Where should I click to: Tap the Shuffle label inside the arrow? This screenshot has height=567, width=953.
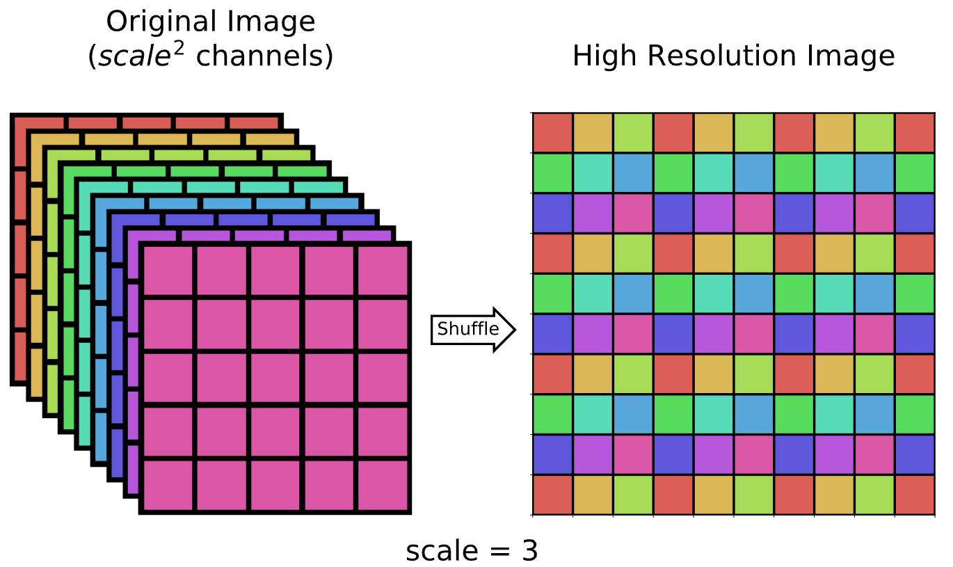(468, 328)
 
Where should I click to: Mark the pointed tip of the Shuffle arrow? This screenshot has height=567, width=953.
(515, 329)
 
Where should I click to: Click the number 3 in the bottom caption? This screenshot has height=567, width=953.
(529, 552)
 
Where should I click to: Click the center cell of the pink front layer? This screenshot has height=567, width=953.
(275, 378)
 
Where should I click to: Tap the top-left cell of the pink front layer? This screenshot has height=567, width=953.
(168, 271)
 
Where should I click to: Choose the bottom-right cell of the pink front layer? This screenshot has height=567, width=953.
(383, 486)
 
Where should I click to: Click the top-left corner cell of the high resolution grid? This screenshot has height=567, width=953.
(552, 132)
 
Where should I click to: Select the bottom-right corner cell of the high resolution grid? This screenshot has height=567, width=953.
(915, 495)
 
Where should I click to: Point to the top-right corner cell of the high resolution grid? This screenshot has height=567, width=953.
(915, 132)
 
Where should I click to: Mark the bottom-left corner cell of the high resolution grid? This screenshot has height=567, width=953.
(552, 495)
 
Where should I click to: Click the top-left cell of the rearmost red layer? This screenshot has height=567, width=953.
(39, 122)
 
